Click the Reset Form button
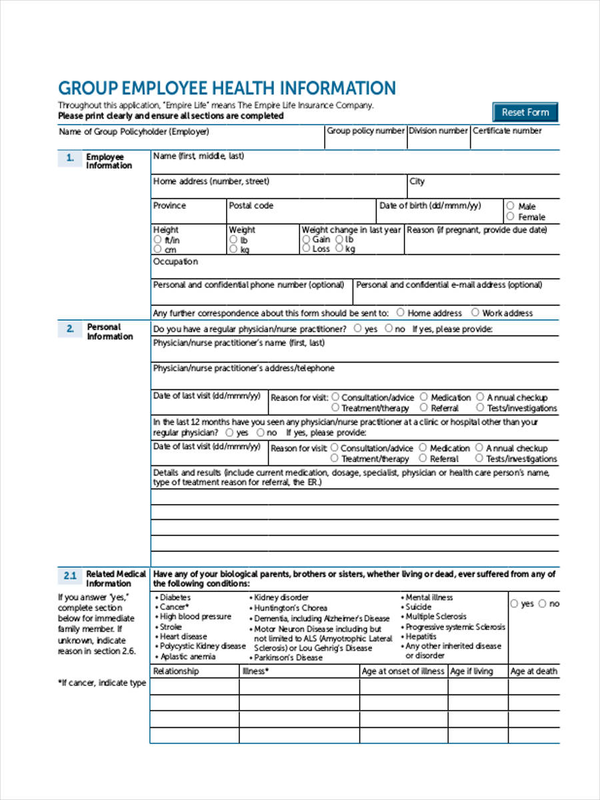pos(525,112)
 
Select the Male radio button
pos(510,206)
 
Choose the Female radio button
pos(510,217)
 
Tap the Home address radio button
pos(400,312)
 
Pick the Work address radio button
pos(475,312)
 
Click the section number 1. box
pos(70,159)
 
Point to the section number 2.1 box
pos(70,575)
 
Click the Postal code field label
pos(251,205)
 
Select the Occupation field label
pos(175,261)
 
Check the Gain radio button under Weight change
pos(306,239)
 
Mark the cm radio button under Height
pos(157,249)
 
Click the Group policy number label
pos(365,131)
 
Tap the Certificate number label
pos(507,131)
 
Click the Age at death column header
pos(533,671)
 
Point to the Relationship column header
pos(176,671)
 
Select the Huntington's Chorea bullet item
pos(290,608)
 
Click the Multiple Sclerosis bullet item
pos(436,617)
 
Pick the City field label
pos(417,181)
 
